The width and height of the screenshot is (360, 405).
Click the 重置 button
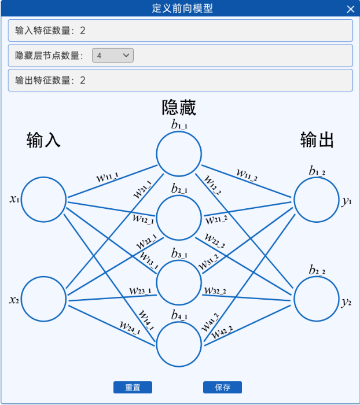[133, 388]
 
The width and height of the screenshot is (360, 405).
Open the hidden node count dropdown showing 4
[113, 56]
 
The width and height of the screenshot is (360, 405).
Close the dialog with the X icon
[351, 9]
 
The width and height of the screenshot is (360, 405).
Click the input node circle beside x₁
[44, 200]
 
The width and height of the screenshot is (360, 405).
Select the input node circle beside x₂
[44, 299]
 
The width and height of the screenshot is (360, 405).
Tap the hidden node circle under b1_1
[179, 153]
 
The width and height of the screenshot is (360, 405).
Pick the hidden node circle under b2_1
[179, 218]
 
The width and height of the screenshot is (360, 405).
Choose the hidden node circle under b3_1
[179, 282]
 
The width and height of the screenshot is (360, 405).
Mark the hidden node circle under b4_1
[179, 344]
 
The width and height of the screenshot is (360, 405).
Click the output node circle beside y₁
[316, 200]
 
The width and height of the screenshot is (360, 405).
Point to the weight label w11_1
[108, 177]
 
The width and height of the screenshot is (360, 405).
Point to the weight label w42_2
[222, 332]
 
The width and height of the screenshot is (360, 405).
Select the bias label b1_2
[317, 171]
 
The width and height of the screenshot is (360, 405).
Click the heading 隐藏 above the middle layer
[179, 108]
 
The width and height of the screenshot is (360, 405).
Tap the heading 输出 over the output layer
[317, 140]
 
